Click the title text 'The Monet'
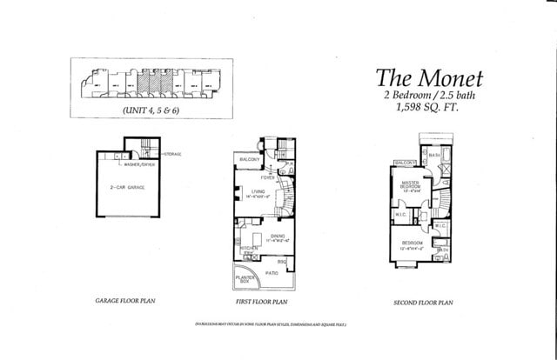point(428,76)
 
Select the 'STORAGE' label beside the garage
point(171,154)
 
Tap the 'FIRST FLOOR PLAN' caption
point(261,301)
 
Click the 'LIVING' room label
point(258,192)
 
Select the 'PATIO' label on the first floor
point(272,272)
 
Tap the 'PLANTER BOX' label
point(246,280)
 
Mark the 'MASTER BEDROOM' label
point(410,183)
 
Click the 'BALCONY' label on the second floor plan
point(405,163)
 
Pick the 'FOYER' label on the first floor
point(279,177)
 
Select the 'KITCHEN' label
point(246,247)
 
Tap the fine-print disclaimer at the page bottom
point(271,323)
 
